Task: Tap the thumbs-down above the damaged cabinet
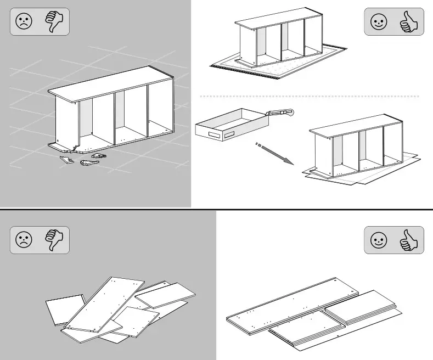tap(55, 21)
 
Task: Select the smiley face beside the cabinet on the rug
tap(379, 22)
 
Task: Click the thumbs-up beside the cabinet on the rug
tap(409, 22)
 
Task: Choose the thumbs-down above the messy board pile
tap(55, 240)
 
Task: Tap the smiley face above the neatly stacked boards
tap(379, 240)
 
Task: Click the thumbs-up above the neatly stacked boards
tap(409, 240)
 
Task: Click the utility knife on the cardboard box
tap(280, 114)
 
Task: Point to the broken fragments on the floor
tap(82, 160)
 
